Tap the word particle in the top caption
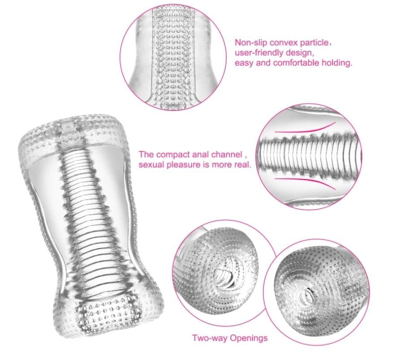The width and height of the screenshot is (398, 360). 314,43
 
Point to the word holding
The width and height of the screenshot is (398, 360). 337,63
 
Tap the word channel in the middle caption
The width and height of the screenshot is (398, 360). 227,154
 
